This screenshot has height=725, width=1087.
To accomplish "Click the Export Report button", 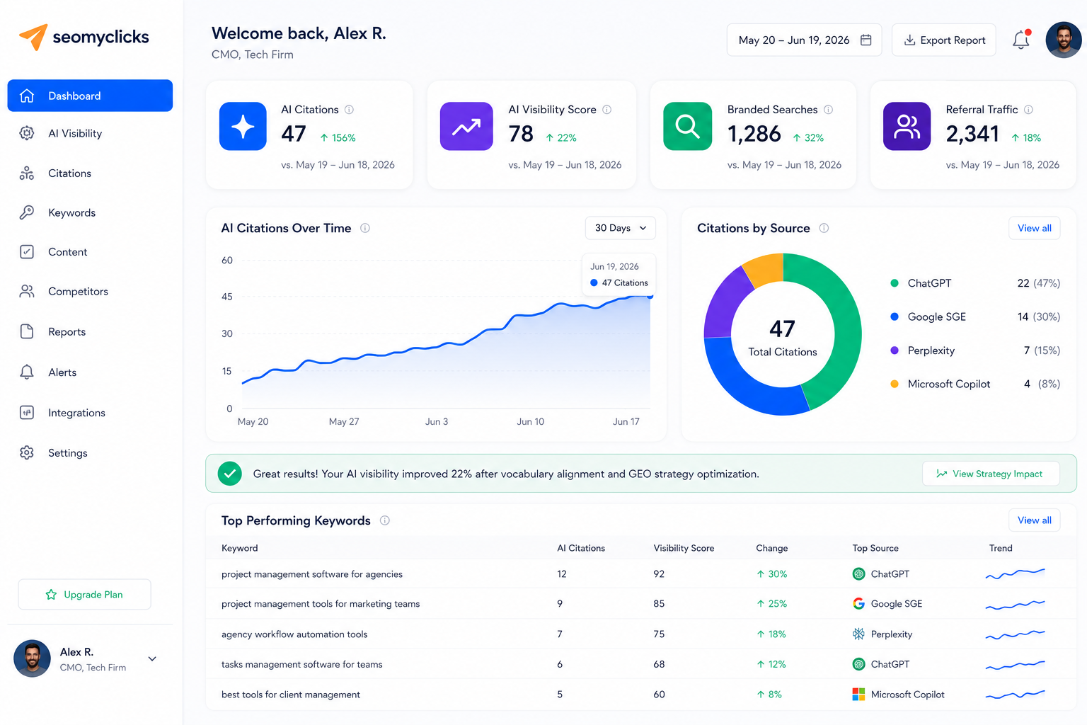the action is pos(944,40).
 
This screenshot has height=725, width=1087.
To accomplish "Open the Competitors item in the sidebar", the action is pos(78,292).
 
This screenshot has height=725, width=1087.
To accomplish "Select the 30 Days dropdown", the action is pos(620,228).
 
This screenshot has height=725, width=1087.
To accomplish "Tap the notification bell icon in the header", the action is pos(1021,40).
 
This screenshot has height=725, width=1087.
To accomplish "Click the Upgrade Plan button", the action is pos(84,595).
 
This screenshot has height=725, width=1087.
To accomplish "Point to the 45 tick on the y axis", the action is pos(226,296).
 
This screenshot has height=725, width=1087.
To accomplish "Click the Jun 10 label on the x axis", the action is pos(530,421).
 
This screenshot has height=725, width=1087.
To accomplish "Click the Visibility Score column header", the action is pos(684,548).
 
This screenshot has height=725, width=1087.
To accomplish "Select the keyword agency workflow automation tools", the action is pos(294,634).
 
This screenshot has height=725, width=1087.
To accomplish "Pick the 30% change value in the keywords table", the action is pos(772,574).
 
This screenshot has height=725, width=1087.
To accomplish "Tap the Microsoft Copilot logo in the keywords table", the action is pos(858,695).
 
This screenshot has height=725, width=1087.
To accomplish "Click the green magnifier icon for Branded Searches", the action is pos(688,126).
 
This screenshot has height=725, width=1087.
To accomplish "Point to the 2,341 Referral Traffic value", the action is pos(972,134).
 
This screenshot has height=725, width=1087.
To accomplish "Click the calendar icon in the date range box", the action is pos(865,40).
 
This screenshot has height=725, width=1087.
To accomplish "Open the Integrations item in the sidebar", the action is pos(76,413).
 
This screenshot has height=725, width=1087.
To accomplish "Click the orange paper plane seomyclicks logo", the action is pos(33,37).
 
